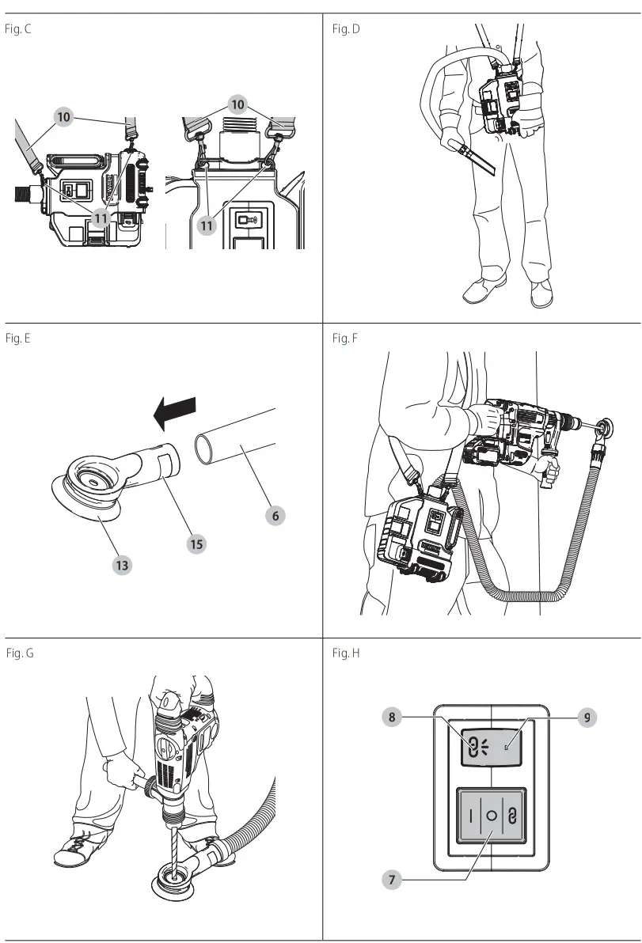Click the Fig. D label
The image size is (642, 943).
tap(346, 29)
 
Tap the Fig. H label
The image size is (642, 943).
tap(346, 653)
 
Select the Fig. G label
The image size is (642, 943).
tap(19, 653)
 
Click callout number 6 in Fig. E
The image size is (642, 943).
tap(275, 515)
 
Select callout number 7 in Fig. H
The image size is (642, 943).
tap(393, 879)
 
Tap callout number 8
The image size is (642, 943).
tap(391, 718)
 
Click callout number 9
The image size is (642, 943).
tap(586, 718)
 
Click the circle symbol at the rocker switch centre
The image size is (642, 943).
tap(491, 816)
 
